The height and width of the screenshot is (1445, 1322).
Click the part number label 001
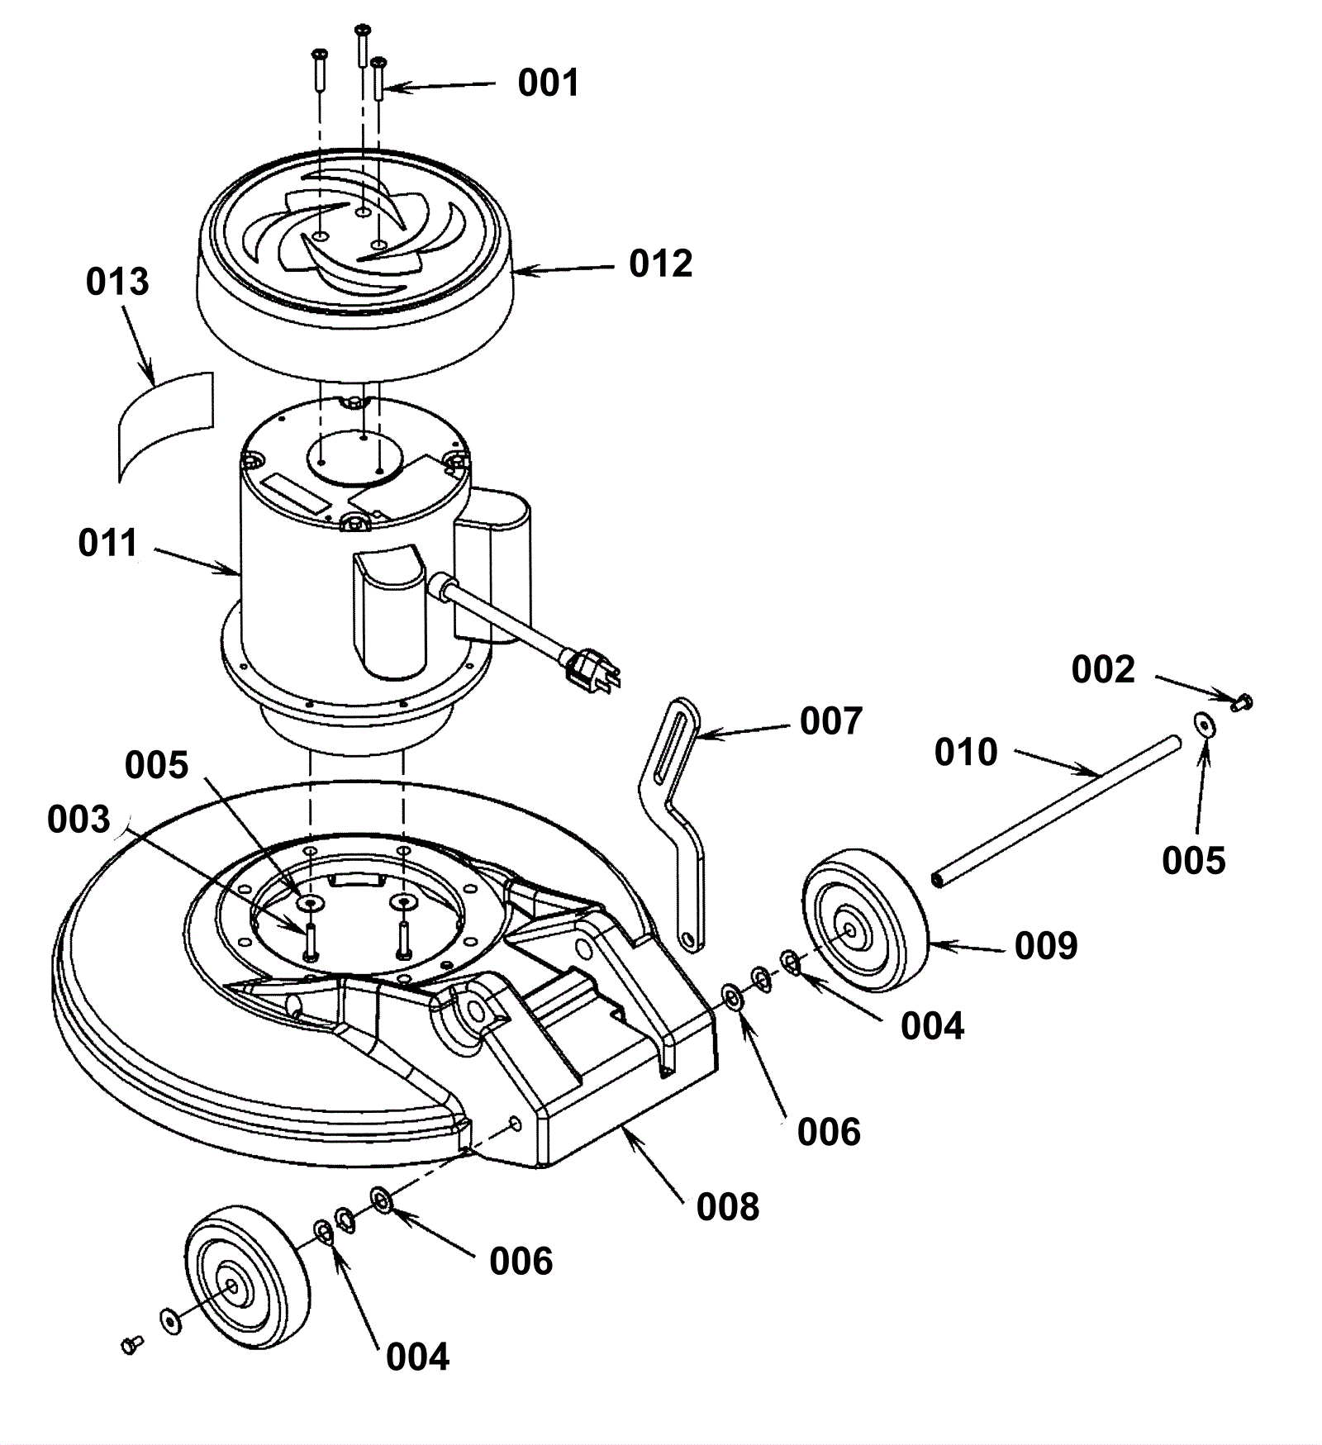pyautogui.click(x=549, y=83)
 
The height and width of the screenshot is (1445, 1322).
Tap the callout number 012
pyautogui.click(x=660, y=264)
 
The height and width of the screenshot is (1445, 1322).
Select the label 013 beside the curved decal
pyautogui.click(x=117, y=282)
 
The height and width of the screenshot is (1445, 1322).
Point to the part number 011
pyautogui.click(x=108, y=544)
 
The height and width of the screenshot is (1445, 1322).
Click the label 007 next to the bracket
pyautogui.click(x=831, y=721)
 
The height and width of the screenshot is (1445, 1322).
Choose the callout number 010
pyautogui.click(x=966, y=753)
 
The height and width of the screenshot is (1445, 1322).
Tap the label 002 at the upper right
pyautogui.click(x=1103, y=670)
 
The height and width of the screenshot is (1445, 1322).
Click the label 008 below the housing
pyautogui.click(x=728, y=1207)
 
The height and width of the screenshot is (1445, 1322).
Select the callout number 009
pyautogui.click(x=1046, y=946)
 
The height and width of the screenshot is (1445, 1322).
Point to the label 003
pyautogui.click(x=78, y=820)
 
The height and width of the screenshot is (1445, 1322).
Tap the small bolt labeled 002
pyautogui.click(x=1242, y=702)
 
